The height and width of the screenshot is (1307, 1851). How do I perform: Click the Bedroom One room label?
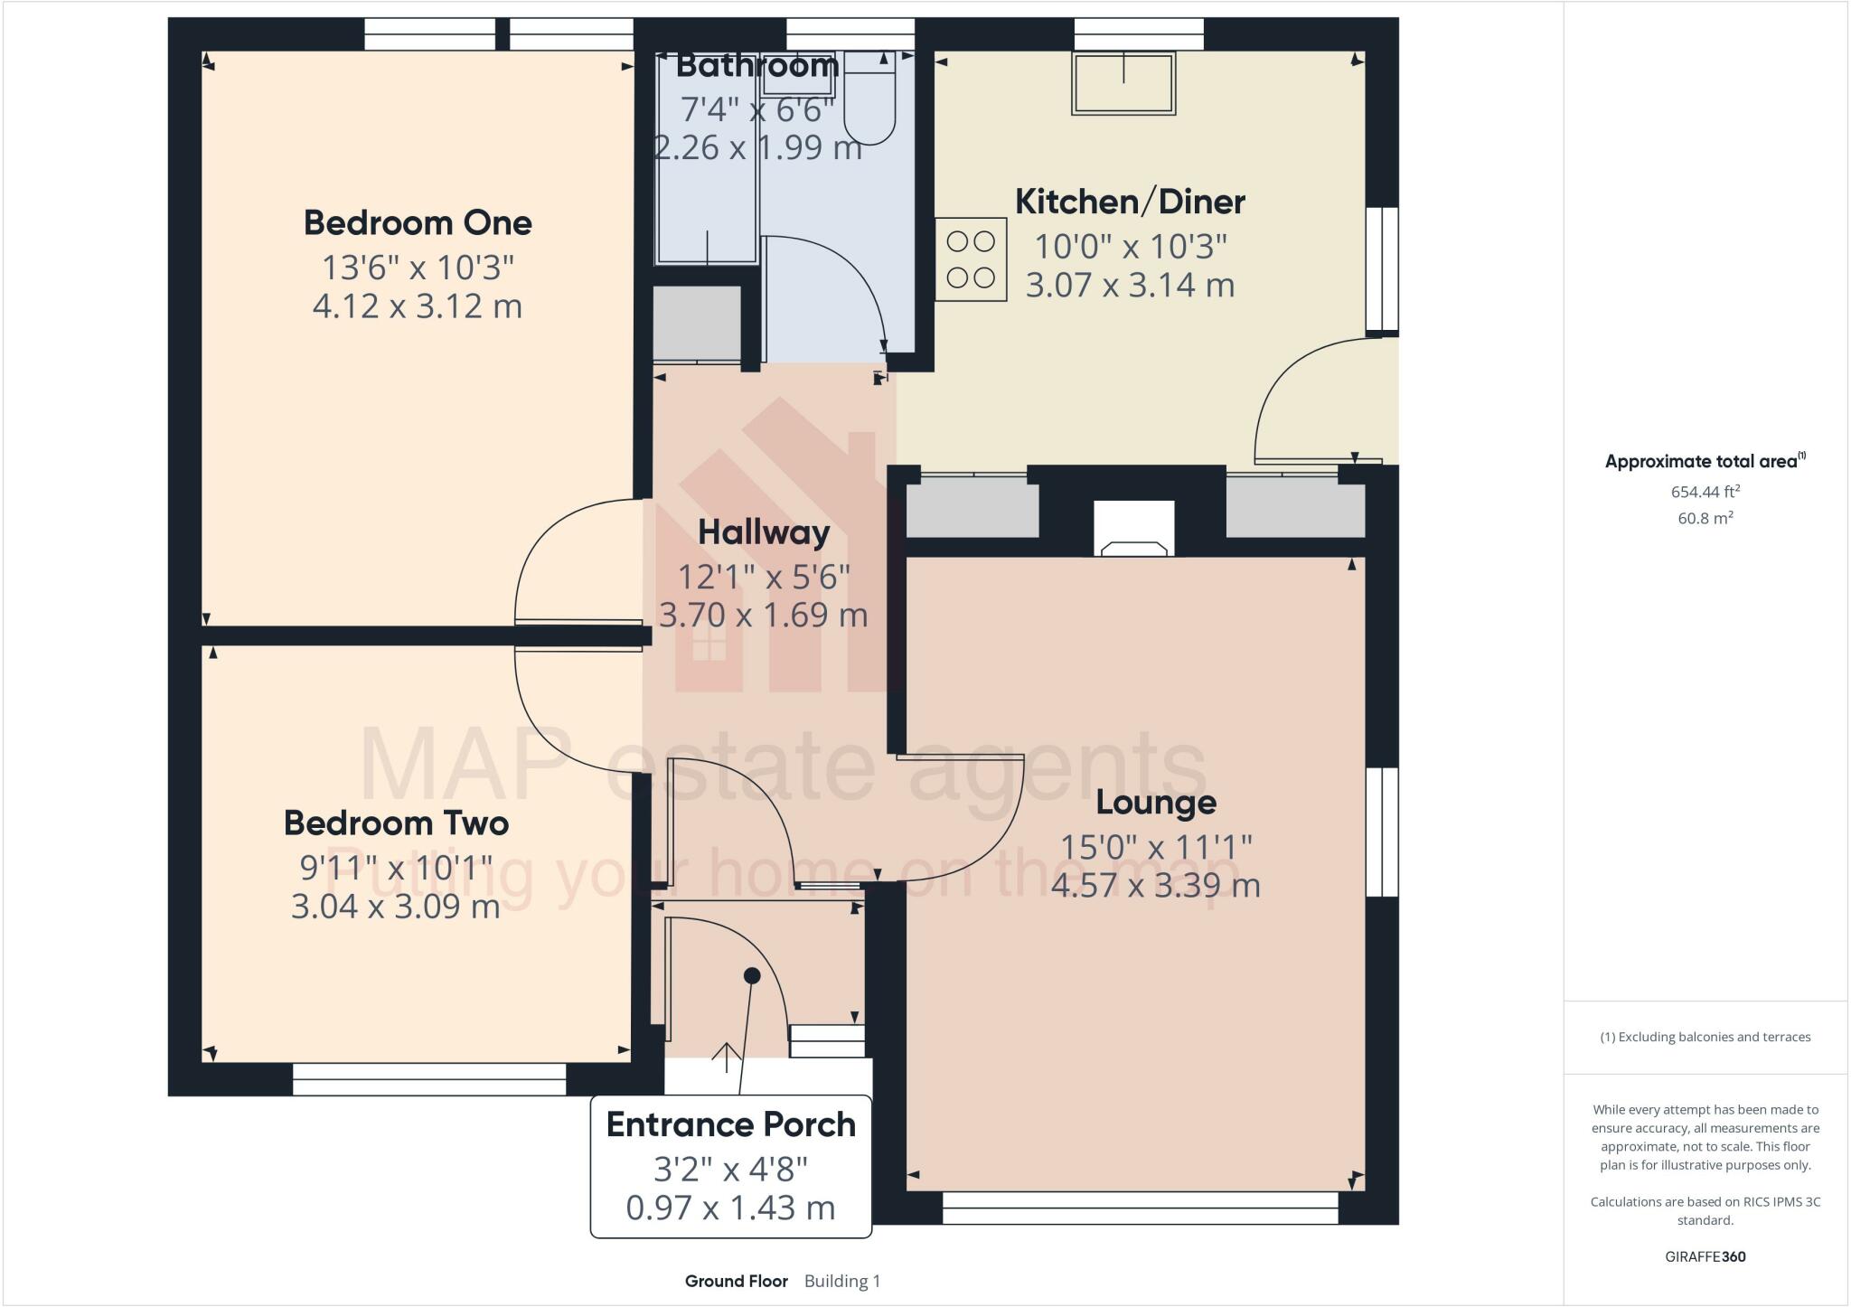[x=417, y=223]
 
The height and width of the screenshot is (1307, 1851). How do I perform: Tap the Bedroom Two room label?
[x=396, y=823]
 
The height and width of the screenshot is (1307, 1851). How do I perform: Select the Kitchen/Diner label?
[x=1130, y=202]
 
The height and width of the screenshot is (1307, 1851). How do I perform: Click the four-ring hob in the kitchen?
[x=971, y=259]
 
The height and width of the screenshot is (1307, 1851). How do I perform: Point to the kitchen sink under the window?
[x=1123, y=83]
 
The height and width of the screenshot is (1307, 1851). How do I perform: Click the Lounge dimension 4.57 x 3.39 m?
[x=1155, y=886]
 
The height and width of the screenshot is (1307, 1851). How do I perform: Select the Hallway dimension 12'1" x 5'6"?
[x=764, y=577]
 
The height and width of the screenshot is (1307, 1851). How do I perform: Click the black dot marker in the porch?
[x=752, y=976]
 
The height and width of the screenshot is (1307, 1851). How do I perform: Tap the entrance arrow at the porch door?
[x=726, y=1056]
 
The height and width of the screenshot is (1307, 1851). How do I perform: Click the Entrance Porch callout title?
[x=730, y=1125]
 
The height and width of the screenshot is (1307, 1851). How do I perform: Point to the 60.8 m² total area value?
[x=1705, y=518]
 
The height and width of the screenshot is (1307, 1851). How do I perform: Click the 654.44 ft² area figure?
[x=1705, y=493]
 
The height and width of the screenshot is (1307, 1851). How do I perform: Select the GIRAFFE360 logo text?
[x=1705, y=1256]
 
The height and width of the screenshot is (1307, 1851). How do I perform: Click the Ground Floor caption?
[x=736, y=1281]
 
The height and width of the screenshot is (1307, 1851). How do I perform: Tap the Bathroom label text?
[x=757, y=66]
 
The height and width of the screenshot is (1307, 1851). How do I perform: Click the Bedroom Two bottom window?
[x=429, y=1079]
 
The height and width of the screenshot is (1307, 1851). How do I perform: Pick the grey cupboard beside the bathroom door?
[x=696, y=324]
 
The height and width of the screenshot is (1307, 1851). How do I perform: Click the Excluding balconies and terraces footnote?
[x=1705, y=1037]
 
